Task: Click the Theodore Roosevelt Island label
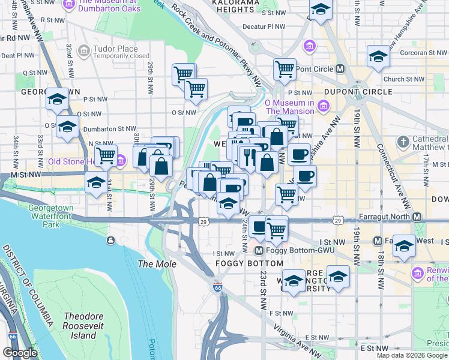point(80,326)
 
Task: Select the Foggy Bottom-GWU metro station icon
point(259,250)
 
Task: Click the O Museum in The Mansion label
point(290,106)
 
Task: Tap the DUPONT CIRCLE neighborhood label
point(358,92)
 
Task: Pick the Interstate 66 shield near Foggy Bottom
point(217,288)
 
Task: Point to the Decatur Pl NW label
point(264,26)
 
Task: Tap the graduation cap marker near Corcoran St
point(378,56)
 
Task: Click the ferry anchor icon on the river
point(111,241)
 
